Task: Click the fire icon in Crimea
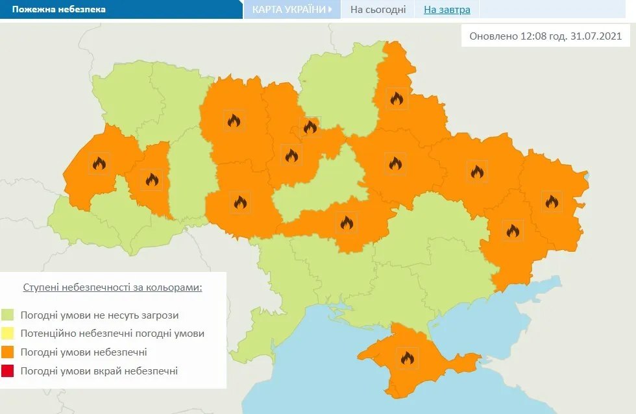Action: (x=408, y=358)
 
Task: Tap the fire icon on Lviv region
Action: (x=99, y=164)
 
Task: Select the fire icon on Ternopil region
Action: (x=152, y=179)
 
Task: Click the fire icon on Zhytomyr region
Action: (x=234, y=120)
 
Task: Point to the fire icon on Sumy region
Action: (x=397, y=99)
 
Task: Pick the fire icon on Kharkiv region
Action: (x=477, y=172)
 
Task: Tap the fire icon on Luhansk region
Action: (x=552, y=202)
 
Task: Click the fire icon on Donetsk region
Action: (x=512, y=230)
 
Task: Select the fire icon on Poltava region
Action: (x=395, y=164)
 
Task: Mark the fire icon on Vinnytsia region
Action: (x=240, y=203)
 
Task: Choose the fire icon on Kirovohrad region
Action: (x=347, y=223)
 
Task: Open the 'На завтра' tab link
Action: (x=447, y=10)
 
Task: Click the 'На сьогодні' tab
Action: (x=378, y=10)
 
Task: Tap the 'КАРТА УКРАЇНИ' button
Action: (x=292, y=10)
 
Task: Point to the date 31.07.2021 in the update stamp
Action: (x=598, y=36)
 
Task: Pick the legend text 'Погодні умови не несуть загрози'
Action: (x=99, y=315)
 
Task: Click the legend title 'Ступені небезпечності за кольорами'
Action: (x=112, y=287)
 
